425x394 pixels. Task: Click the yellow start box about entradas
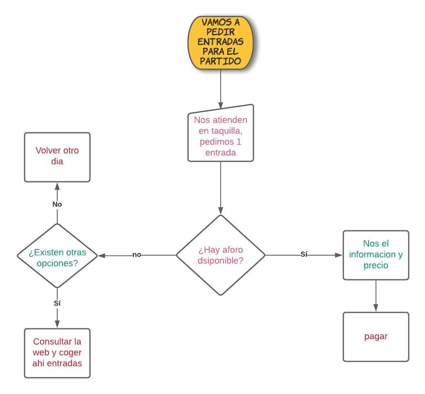click(x=221, y=42)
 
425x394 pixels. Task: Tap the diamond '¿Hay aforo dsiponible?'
click(x=221, y=255)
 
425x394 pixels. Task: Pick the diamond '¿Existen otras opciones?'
click(x=57, y=256)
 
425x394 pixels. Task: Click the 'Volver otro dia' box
click(x=57, y=157)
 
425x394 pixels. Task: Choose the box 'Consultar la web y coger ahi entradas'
click(x=57, y=353)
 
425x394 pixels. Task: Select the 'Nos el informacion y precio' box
click(x=376, y=255)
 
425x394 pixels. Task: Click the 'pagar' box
click(x=376, y=337)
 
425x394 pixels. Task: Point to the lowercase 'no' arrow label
click(x=136, y=255)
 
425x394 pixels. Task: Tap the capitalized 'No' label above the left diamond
click(x=57, y=204)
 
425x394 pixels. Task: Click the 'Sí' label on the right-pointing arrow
click(x=304, y=254)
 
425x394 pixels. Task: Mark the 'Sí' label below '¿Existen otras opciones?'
click(x=57, y=303)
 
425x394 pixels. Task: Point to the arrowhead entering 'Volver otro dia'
click(x=57, y=186)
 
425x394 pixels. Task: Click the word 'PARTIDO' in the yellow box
click(x=221, y=61)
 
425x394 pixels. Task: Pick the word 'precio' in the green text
click(x=376, y=265)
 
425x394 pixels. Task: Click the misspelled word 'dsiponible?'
click(x=221, y=260)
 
